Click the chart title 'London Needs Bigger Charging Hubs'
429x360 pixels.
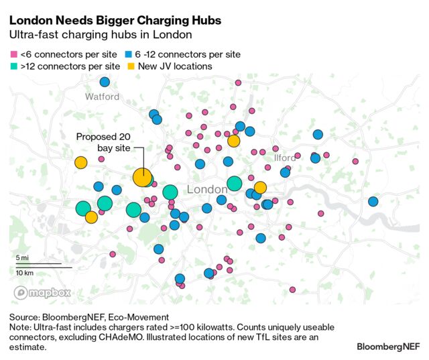pos(115,21)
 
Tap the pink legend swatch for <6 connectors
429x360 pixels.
pos(13,54)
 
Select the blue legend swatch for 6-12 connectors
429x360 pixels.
pos(128,54)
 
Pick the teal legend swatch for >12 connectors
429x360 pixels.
pos(13,66)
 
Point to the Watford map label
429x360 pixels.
pos(102,97)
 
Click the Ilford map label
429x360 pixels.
pos(285,158)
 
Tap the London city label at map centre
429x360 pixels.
pos(207,190)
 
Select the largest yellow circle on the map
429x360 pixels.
pos(142,177)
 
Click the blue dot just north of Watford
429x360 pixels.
pos(105,82)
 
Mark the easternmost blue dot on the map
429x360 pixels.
pos(373,201)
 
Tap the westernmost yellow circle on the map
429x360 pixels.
pos(80,162)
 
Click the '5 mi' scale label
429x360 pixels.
pos(22,257)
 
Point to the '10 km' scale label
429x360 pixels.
pos(24,273)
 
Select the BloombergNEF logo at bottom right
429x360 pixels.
pos(387,347)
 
